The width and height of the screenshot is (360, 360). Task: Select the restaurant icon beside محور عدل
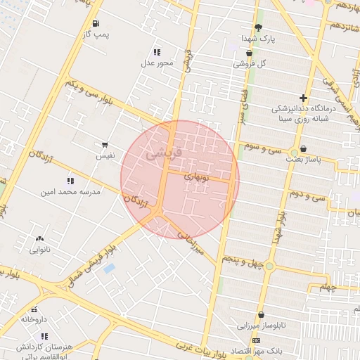pyautogui.click(x=157, y=52)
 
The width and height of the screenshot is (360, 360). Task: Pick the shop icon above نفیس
pyautogui.click(x=105, y=144)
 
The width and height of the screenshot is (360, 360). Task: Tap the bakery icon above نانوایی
pyautogui.click(x=39, y=240)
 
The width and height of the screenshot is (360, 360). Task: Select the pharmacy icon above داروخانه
pyautogui.click(x=34, y=309)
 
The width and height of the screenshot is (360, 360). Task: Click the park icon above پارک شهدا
pyautogui.click(x=258, y=27)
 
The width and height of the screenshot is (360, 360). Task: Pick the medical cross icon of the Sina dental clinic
pyautogui.click(x=303, y=98)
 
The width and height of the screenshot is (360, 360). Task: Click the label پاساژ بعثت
pyautogui.click(x=302, y=160)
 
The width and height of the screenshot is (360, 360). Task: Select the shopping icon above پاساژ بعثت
pyautogui.click(x=303, y=149)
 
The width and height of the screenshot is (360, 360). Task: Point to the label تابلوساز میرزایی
pyautogui.click(x=262, y=326)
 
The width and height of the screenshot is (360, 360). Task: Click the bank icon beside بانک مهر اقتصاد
pyautogui.click(x=256, y=341)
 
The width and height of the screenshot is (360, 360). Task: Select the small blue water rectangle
pyautogui.click(x=109, y=268)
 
